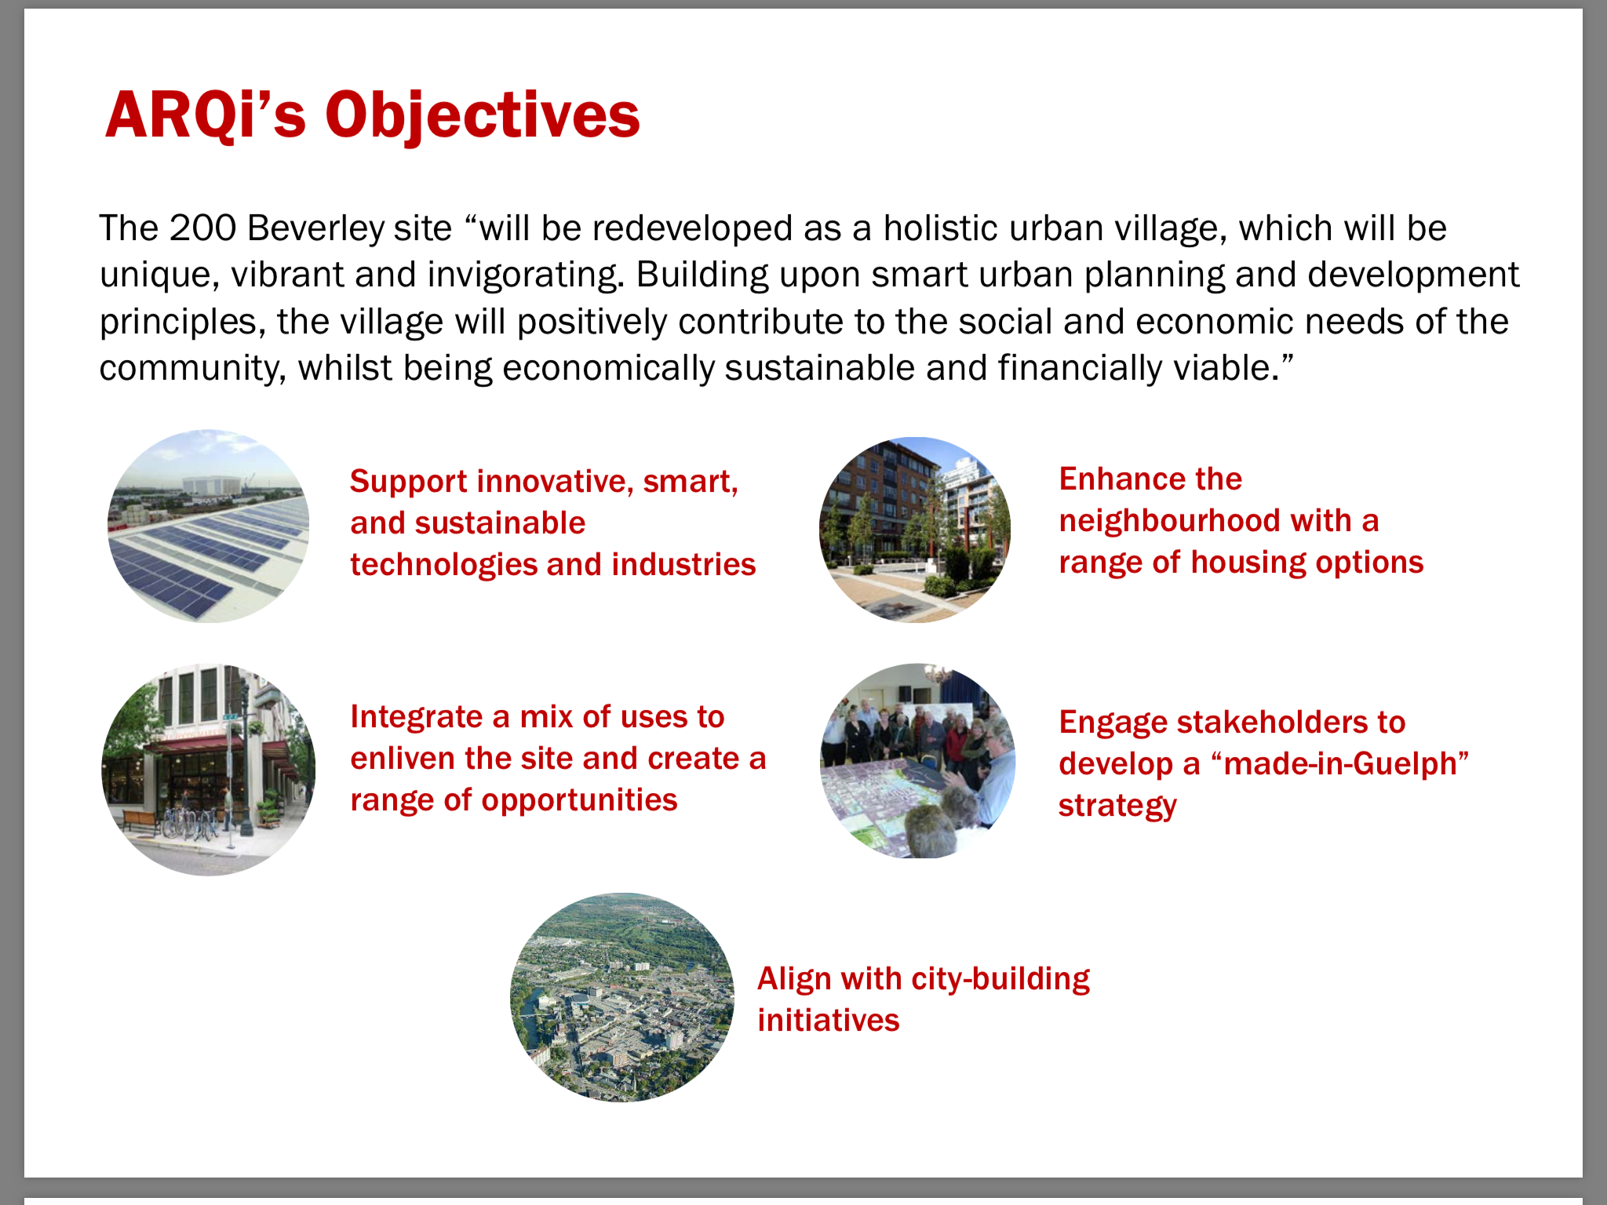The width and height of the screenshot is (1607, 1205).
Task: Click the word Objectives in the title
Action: click(x=483, y=116)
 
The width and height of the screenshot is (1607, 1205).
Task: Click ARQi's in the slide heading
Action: click(x=205, y=115)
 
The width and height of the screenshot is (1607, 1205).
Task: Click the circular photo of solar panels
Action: click(x=209, y=526)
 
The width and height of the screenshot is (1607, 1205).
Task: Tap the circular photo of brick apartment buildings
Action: click(x=915, y=530)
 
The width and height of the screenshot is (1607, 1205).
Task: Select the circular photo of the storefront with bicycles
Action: click(x=209, y=770)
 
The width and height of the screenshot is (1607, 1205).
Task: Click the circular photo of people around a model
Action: click(x=917, y=761)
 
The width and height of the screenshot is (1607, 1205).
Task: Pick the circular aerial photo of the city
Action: click(x=622, y=997)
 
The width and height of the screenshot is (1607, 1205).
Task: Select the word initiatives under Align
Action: click(x=829, y=1021)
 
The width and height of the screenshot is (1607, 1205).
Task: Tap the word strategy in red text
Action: click(x=1117, y=806)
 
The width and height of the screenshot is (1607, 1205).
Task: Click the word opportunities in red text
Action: click(x=579, y=801)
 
